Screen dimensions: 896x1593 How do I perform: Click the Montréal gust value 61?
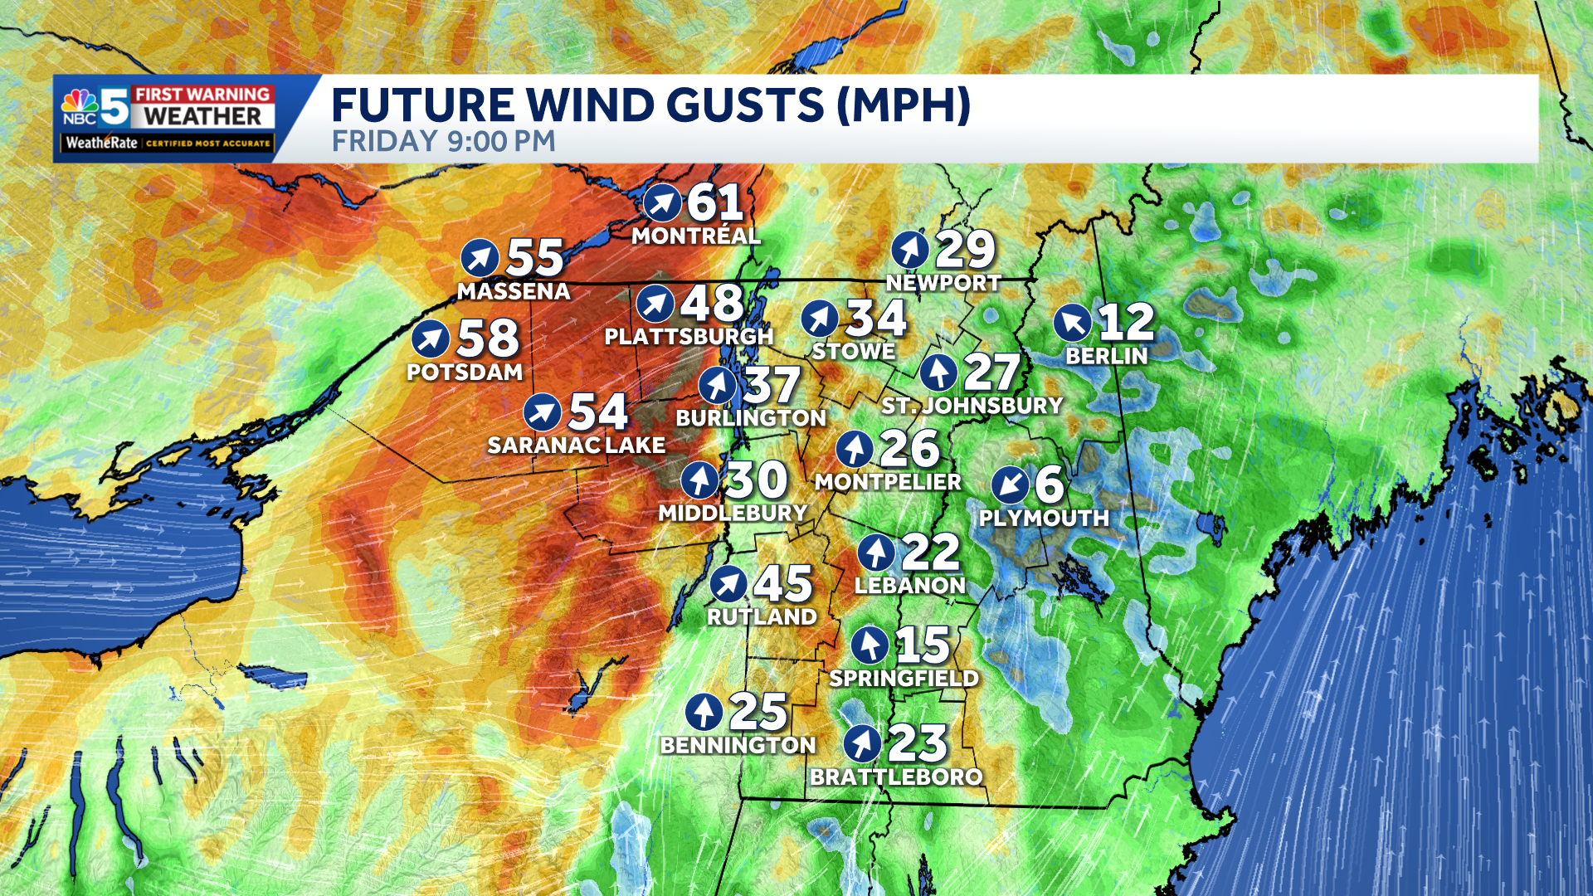(x=715, y=202)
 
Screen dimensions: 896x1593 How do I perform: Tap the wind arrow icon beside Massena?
(x=480, y=258)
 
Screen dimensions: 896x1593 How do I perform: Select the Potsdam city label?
(x=465, y=373)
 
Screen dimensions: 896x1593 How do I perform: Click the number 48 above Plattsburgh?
(x=712, y=304)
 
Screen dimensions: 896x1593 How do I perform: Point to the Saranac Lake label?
(x=576, y=446)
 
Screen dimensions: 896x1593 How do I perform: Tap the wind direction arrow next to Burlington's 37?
(x=718, y=386)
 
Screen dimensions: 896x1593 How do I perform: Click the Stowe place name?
(x=854, y=352)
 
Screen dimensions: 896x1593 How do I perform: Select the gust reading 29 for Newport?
(x=965, y=249)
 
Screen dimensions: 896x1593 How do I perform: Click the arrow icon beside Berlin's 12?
(x=1073, y=323)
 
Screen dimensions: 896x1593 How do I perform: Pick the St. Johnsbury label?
(x=972, y=406)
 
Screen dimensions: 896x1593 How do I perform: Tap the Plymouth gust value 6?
(x=1049, y=485)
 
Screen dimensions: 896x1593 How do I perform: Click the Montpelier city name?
(x=888, y=482)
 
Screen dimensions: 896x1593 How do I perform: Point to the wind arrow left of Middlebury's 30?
(x=700, y=480)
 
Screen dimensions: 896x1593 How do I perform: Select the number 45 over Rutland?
(x=782, y=584)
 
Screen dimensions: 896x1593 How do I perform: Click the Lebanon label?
(x=910, y=586)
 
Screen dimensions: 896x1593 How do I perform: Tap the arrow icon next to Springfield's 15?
(x=870, y=645)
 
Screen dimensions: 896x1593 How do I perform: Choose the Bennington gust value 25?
(x=758, y=712)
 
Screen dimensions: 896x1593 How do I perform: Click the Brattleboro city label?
(x=896, y=777)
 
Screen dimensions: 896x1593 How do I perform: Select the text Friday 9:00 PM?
(x=443, y=142)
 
